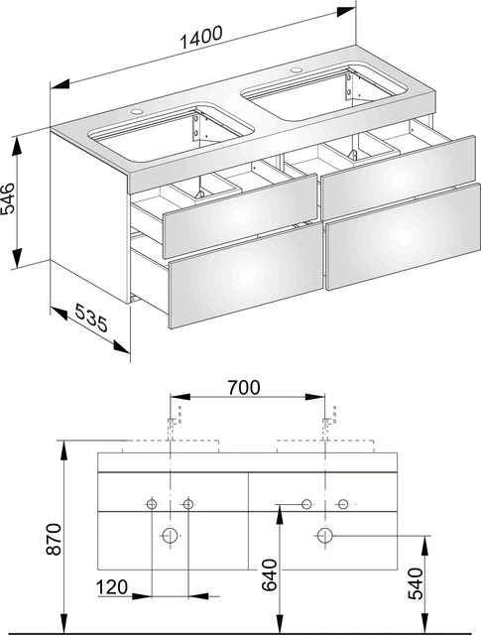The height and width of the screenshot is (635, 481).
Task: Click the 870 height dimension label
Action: coord(57,538)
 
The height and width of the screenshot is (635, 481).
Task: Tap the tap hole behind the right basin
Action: coord(295,72)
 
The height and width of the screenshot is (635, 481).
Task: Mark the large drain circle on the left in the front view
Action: coord(170,536)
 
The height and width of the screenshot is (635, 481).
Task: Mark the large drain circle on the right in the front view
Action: coord(324,536)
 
